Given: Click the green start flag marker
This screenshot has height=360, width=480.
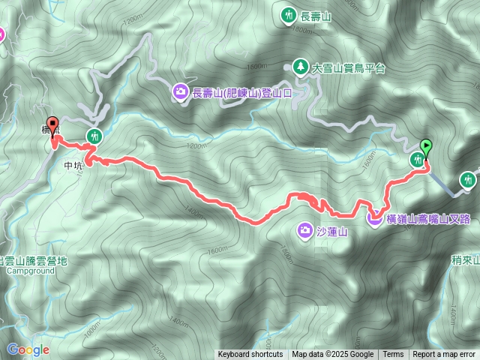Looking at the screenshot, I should click(x=427, y=147).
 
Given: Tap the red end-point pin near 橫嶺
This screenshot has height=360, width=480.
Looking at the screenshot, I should click(x=52, y=124).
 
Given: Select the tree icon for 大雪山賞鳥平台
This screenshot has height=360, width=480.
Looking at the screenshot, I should click(x=300, y=67).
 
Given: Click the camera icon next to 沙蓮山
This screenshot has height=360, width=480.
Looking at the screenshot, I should click(x=305, y=229).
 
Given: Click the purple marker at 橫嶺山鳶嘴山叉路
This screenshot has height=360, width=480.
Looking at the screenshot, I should click(x=374, y=218).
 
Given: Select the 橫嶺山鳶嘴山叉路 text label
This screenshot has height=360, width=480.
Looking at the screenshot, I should click(x=429, y=219).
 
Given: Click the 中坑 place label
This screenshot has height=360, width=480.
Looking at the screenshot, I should click(x=73, y=166).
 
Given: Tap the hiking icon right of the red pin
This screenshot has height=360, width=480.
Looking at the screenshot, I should click(x=94, y=136).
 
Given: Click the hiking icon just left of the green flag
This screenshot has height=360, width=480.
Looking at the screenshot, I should click(x=417, y=159).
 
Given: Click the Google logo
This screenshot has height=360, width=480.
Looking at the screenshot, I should click(x=28, y=349).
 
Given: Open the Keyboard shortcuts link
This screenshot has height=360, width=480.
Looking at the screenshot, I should click(x=250, y=355).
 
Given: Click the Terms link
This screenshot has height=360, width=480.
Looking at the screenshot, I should click(x=393, y=355).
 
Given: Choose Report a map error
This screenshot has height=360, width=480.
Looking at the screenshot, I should click(x=445, y=355).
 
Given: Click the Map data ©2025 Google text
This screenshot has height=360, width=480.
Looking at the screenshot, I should click(x=332, y=355).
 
